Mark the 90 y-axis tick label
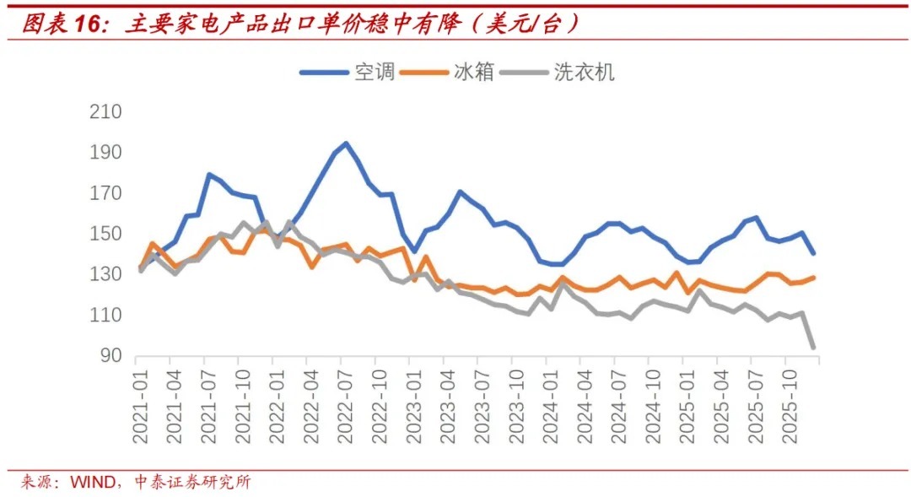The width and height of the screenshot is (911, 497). [111, 356]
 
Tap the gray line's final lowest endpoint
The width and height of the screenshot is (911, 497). [814, 347]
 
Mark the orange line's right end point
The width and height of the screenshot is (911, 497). [814, 277]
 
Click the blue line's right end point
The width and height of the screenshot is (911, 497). [814, 252]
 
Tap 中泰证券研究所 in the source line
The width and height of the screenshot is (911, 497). [193, 483]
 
